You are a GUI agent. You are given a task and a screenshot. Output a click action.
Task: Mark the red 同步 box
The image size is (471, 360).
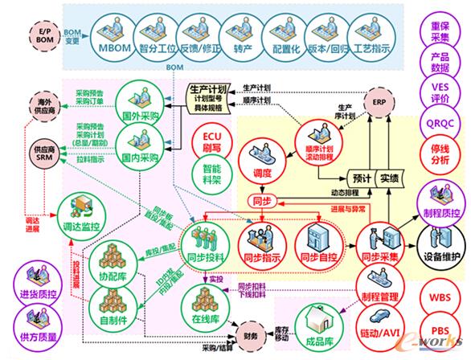tap(262, 200)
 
